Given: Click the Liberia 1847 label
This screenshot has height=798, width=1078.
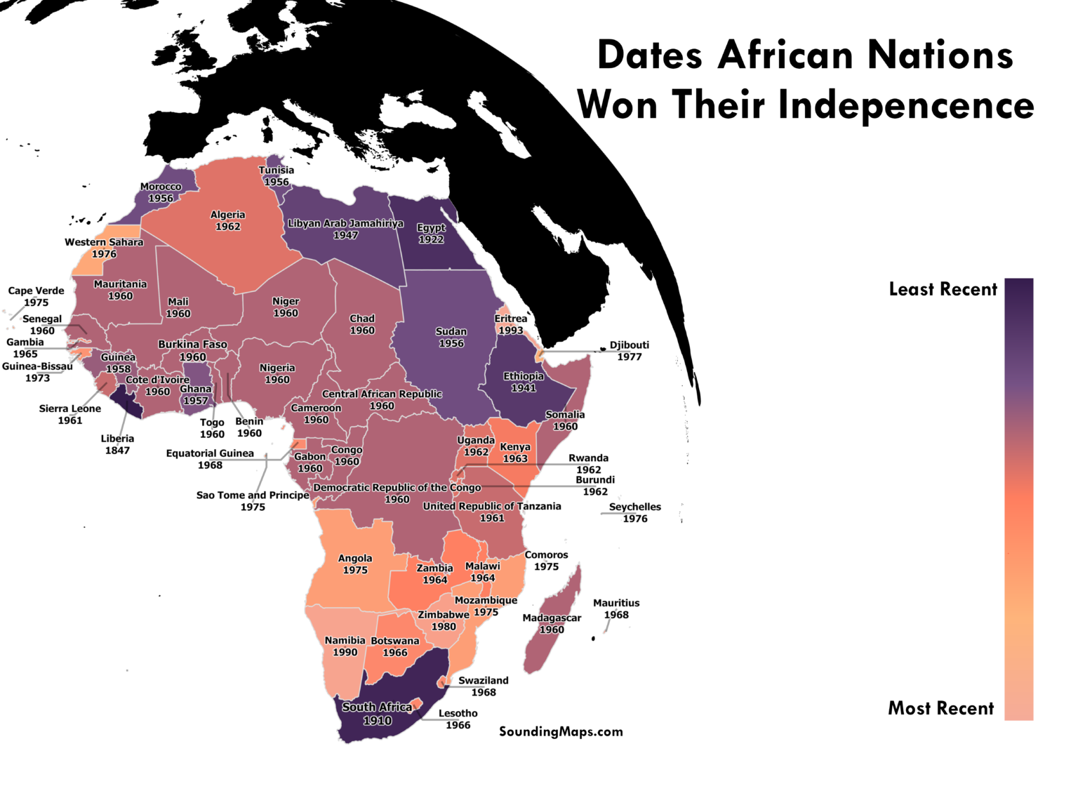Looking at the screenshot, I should pyautogui.click(x=117, y=444).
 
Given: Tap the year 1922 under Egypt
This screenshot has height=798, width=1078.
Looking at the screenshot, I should pyautogui.click(x=431, y=239).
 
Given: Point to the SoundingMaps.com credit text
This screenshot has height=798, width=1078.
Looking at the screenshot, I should pyautogui.click(x=561, y=731).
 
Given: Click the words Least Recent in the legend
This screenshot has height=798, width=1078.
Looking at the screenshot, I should pyautogui.click(x=943, y=289).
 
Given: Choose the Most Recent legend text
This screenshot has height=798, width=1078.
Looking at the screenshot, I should pyautogui.click(x=940, y=708).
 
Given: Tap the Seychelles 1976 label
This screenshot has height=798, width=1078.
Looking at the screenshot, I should pyautogui.click(x=634, y=512).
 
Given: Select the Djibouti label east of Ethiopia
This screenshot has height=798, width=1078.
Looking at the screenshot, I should pyautogui.click(x=629, y=350).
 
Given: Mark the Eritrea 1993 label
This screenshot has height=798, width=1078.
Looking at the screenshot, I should pyautogui.click(x=510, y=324).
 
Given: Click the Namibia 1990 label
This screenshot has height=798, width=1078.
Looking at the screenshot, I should pyautogui.click(x=345, y=646).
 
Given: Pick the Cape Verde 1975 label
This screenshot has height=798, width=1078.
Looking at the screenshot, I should pyautogui.click(x=36, y=296).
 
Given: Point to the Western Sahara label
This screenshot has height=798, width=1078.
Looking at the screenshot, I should pyautogui.click(x=104, y=242).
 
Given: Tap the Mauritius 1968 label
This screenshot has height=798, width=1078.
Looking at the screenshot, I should pyautogui.click(x=616, y=609).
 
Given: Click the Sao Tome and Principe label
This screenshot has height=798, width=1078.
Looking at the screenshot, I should pyautogui.click(x=253, y=495).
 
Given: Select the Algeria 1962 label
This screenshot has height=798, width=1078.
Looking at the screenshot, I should pyautogui.click(x=227, y=220).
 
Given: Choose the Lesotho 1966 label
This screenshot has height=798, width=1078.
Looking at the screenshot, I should pyautogui.click(x=458, y=719).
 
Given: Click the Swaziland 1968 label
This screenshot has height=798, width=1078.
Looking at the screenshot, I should pyautogui.click(x=483, y=686).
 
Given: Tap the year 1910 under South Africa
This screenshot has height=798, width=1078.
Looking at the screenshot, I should pyautogui.click(x=377, y=721).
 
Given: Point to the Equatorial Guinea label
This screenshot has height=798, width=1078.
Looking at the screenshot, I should pyautogui.click(x=210, y=453).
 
